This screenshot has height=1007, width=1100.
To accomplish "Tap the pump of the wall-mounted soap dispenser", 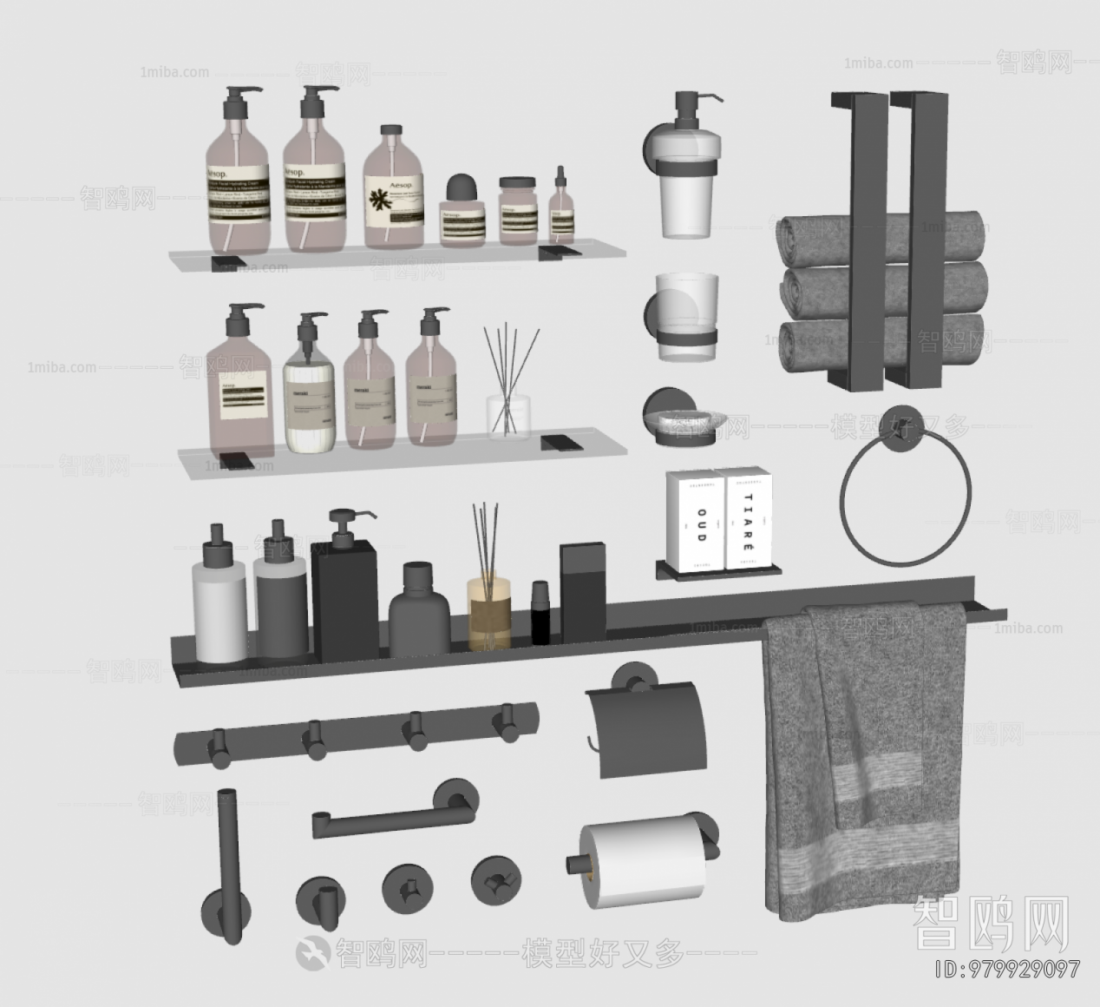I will tap(692, 109).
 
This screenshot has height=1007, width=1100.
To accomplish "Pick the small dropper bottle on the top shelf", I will tap(561, 208).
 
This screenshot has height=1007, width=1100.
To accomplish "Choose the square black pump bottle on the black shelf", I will tap(344, 595).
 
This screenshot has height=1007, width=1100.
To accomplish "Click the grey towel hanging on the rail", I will tap(862, 755).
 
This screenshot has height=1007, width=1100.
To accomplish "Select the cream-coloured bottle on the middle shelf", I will tap(309, 391).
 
